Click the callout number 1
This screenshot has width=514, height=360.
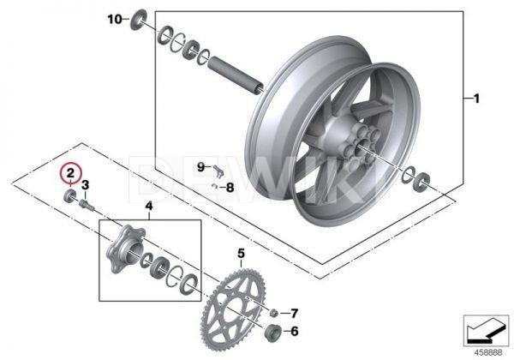[x=476, y=99]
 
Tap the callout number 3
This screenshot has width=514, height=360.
[x=85, y=185]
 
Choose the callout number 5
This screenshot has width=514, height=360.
[x=242, y=254]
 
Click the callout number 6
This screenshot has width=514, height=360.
[x=294, y=332]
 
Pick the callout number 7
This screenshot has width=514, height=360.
[x=293, y=313]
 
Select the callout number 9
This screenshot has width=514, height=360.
[x=200, y=166]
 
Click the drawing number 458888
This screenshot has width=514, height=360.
[x=488, y=350]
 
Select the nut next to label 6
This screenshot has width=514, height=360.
[x=271, y=333]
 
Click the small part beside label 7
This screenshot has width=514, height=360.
[x=272, y=313]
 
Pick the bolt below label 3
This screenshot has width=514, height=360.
[x=84, y=204]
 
